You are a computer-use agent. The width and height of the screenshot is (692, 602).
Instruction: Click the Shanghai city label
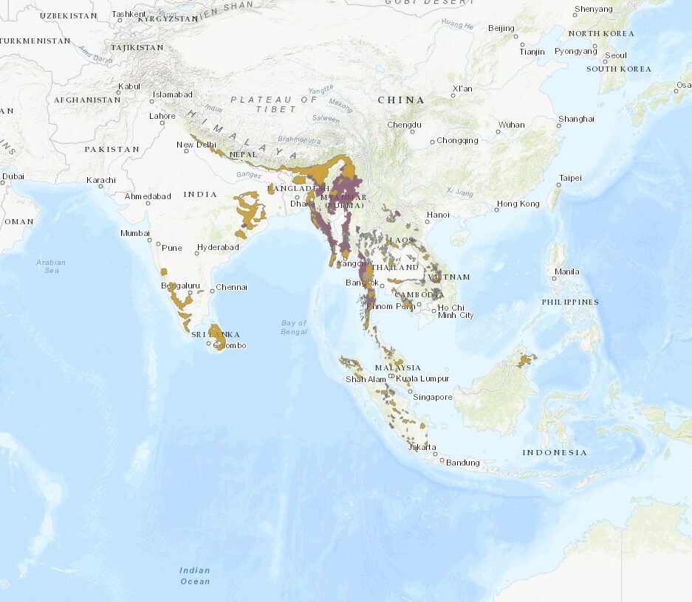(577, 119)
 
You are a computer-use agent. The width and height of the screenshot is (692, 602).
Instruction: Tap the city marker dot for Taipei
(559, 186)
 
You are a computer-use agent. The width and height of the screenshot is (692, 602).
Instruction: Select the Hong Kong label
(518, 204)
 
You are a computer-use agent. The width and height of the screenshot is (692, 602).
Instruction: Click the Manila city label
(566, 271)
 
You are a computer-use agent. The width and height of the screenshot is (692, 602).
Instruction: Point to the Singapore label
(432, 397)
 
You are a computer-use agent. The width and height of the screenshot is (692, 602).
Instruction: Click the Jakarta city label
(422, 447)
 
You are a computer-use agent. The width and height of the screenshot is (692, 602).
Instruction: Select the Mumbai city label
(135, 233)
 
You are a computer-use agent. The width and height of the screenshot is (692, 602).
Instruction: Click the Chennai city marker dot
(211, 289)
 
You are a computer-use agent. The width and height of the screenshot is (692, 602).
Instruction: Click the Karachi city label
(100, 180)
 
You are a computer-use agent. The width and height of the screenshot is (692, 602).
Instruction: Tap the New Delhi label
(196, 145)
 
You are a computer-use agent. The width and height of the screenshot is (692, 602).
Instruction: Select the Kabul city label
(129, 86)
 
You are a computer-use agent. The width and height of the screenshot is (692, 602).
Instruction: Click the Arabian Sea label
(51, 266)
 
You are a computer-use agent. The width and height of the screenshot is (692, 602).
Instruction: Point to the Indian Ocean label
(195, 575)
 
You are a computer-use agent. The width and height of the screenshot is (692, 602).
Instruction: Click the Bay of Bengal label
(293, 327)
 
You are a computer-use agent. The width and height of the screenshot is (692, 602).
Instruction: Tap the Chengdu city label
(404, 125)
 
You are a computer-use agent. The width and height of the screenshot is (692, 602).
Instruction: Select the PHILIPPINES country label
(569, 302)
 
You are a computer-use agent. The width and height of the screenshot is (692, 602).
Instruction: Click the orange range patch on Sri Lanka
(219, 336)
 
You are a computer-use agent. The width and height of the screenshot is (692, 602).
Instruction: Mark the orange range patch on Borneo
(527, 360)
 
